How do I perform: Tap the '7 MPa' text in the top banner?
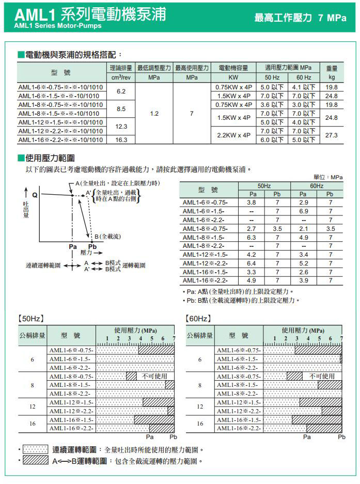pos(333,18)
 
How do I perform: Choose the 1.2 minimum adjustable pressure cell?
pos(154,114)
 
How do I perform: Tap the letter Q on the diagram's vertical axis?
pos(35,196)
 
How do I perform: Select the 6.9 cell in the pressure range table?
pos(304,211)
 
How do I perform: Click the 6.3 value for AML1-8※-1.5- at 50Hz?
pos(252,237)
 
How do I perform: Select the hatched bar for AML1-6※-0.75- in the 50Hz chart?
pos(156,350)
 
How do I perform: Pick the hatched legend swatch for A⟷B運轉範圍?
pos(36,460)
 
